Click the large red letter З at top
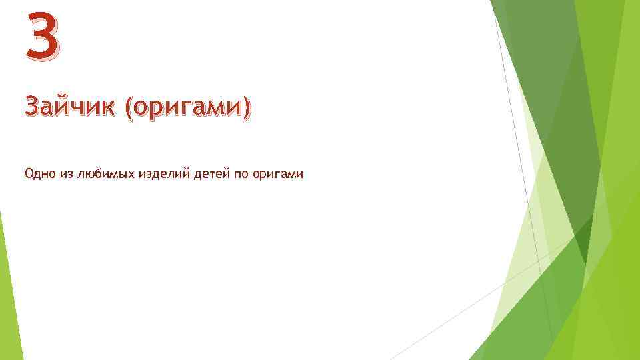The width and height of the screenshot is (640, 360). click(41, 36)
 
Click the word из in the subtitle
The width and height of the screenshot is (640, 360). click(67, 174)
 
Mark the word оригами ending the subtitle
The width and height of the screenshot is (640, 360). click(280, 175)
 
